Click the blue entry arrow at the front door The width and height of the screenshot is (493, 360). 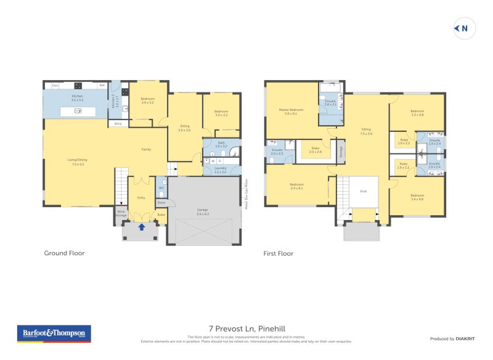142,227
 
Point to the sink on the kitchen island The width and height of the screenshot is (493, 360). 78,111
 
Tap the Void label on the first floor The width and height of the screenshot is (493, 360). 363,191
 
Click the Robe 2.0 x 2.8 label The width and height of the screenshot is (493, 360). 315,150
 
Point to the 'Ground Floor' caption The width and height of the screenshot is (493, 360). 64,253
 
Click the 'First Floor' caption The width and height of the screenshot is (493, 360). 279,253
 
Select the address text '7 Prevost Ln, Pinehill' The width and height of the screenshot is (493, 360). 246,329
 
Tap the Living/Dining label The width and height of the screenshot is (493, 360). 78,162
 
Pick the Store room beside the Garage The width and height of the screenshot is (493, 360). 161,202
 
